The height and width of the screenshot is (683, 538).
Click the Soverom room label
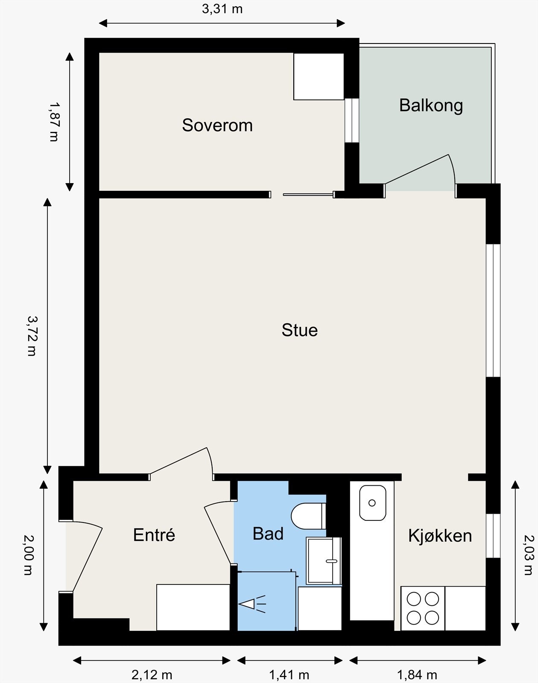(217, 125)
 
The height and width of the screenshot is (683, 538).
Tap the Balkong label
(431, 106)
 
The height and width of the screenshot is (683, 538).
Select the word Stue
(299, 330)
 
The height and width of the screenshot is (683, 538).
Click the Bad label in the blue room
(268, 534)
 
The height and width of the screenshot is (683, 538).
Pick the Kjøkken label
(440, 536)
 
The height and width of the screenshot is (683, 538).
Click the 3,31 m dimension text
(222, 9)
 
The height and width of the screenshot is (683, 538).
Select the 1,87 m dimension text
(54, 122)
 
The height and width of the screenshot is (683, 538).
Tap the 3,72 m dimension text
(32, 336)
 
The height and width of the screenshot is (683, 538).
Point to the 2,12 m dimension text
(152, 674)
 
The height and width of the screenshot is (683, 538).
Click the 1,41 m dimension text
(289, 674)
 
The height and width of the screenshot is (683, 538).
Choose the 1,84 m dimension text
(417, 674)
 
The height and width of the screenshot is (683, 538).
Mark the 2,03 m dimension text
(529, 555)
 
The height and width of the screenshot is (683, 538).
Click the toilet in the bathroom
(308, 516)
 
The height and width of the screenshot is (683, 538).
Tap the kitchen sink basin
(372, 503)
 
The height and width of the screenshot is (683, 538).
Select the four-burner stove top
(423, 608)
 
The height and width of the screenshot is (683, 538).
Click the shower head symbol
(252, 604)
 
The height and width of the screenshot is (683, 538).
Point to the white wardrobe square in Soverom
(319, 76)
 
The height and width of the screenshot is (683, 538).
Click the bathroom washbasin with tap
(324, 560)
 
